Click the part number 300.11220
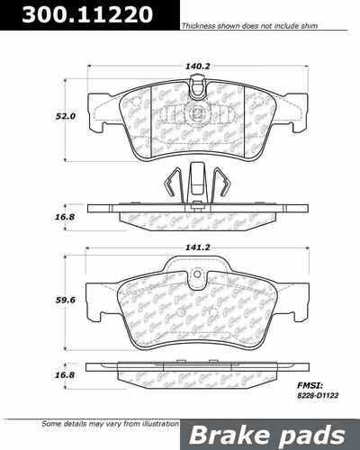[75, 15]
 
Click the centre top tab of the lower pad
[197, 263]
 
